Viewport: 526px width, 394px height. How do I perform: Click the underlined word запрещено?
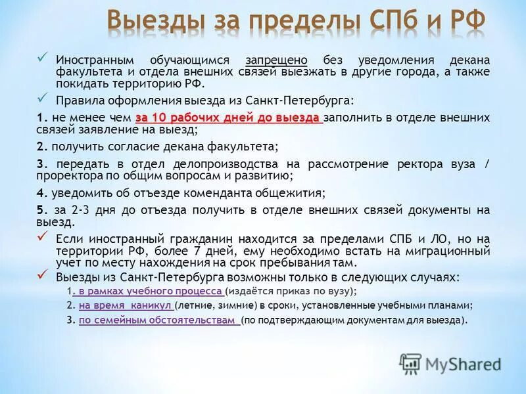[277, 60]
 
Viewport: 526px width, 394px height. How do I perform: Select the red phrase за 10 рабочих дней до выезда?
[228, 117]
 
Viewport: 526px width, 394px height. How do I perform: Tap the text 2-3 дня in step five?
[84, 209]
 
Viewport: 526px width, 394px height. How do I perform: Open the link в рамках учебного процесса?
[150, 291]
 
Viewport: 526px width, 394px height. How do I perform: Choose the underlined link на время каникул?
[125, 305]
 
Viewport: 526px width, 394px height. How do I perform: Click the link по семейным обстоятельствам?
[158, 320]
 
